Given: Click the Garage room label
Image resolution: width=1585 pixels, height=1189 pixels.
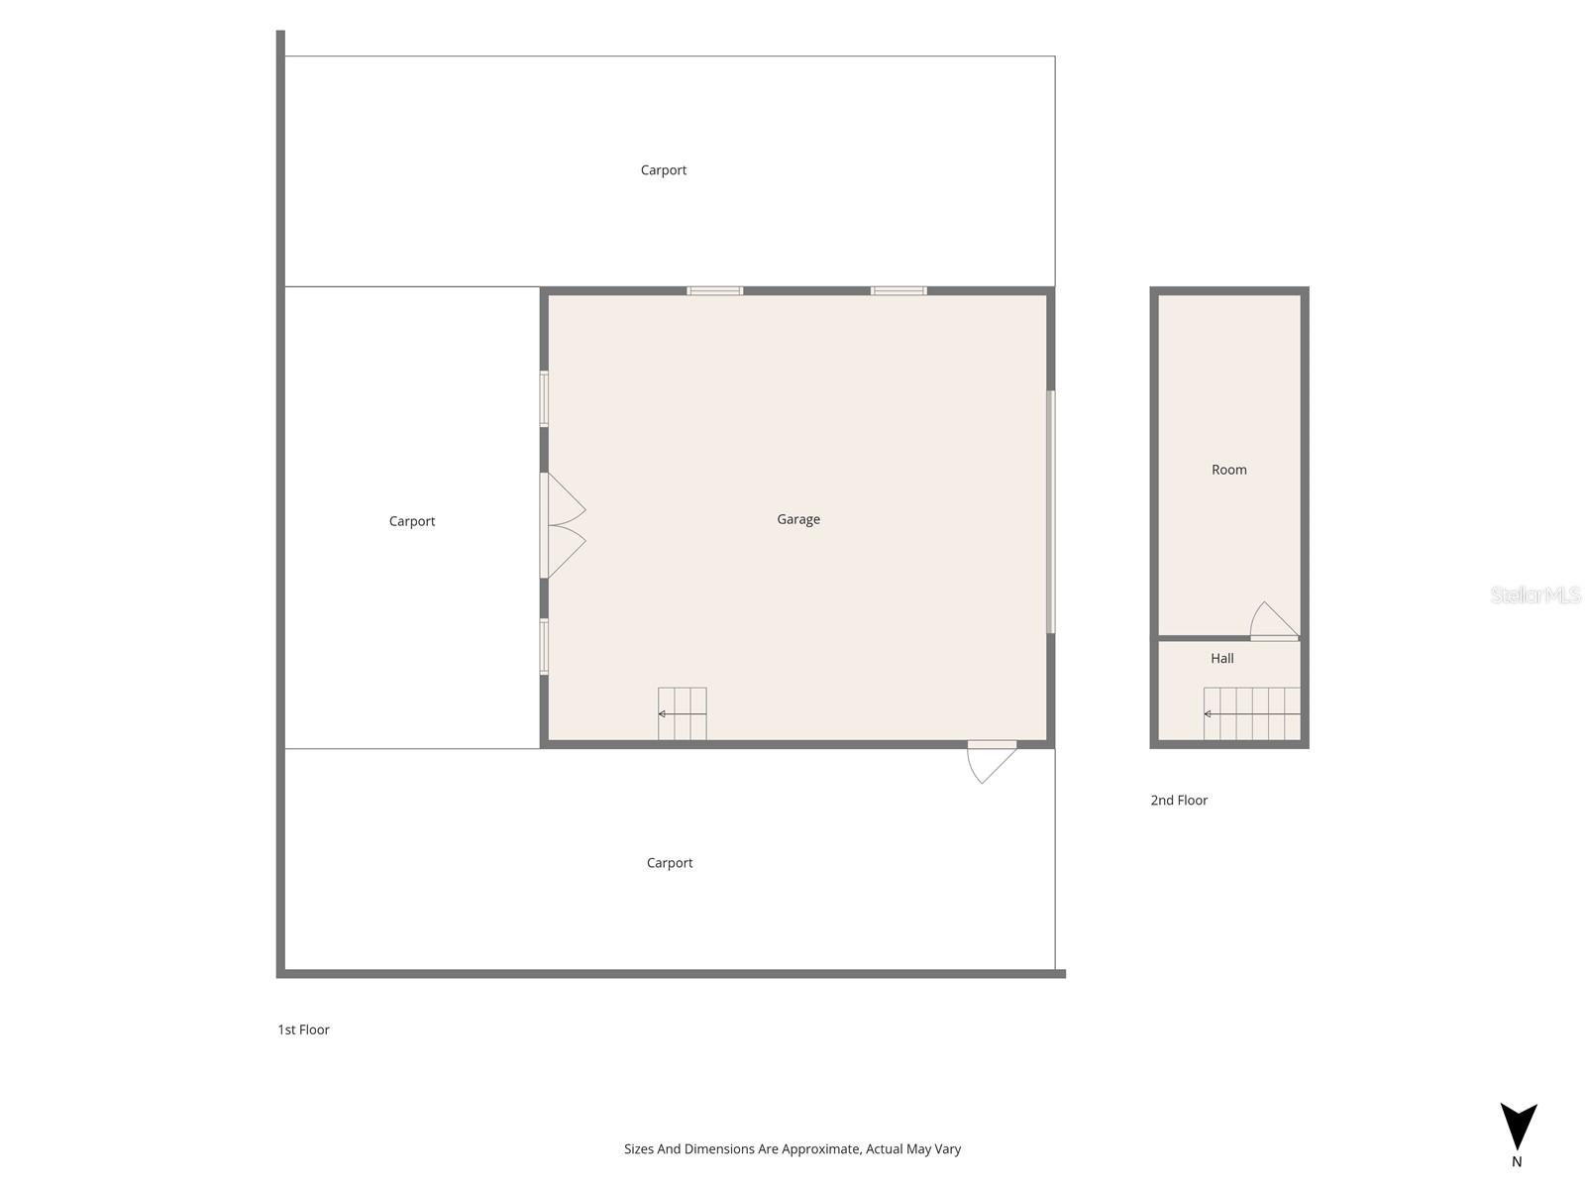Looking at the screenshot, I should pyautogui.click(x=798, y=519).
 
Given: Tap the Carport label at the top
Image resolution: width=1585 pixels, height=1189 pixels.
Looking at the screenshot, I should pyautogui.click(x=664, y=170).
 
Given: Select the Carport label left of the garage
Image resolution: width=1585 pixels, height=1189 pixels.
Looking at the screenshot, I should pyautogui.click(x=412, y=521).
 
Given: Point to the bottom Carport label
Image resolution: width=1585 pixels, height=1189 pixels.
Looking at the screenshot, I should pyautogui.click(x=670, y=863).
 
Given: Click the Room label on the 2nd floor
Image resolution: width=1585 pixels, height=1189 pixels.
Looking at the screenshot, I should pyautogui.click(x=1229, y=470).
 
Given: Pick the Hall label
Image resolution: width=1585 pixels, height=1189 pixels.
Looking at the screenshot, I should pyautogui.click(x=1222, y=658).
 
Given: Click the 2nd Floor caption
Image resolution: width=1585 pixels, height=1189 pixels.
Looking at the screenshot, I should pyautogui.click(x=1179, y=801).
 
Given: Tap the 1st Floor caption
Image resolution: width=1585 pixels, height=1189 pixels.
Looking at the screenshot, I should pyautogui.click(x=303, y=1029).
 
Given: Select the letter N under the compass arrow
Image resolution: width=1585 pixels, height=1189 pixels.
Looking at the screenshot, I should pyautogui.click(x=1517, y=1162).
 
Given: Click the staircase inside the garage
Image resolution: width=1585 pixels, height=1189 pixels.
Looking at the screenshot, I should pyautogui.click(x=683, y=713).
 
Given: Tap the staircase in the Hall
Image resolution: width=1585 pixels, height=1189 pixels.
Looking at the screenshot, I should pyautogui.click(x=1252, y=713).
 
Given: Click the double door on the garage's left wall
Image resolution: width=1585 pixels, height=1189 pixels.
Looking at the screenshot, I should pyautogui.click(x=561, y=525).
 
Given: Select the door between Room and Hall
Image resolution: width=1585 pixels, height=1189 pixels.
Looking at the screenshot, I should pyautogui.click(x=1274, y=622).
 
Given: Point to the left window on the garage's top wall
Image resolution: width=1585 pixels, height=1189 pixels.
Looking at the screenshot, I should pyautogui.click(x=715, y=291).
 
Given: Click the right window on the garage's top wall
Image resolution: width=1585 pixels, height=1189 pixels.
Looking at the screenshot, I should pyautogui.click(x=898, y=291).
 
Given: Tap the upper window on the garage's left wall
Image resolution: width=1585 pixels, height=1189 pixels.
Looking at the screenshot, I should pyautogui.click(x=544, y=399).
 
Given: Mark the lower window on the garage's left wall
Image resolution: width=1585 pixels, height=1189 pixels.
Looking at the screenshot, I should pyautogui.click(x=544, y=647).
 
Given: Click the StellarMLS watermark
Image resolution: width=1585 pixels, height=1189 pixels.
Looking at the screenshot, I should pyautogui.click(x=1535, y=595).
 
